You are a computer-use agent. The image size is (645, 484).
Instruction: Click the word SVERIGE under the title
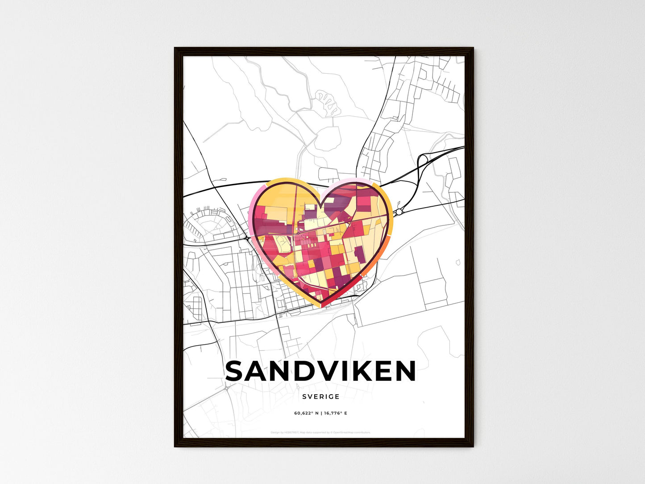320,396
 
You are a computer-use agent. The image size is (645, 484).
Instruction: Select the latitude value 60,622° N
306,413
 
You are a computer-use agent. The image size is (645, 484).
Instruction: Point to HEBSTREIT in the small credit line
290,433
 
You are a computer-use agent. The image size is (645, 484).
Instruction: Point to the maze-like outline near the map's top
328,102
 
